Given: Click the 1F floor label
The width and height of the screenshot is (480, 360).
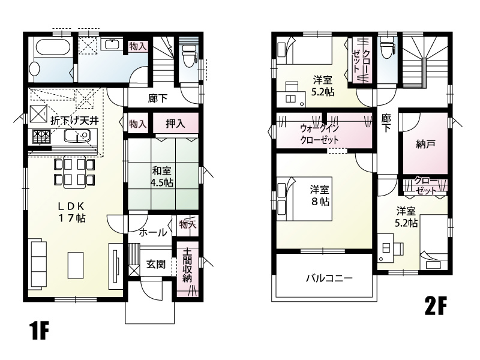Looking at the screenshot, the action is coord(40,331).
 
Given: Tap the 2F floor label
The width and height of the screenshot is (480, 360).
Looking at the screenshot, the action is coord(436,305).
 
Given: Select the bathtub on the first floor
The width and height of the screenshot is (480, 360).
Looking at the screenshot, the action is coord(52,47).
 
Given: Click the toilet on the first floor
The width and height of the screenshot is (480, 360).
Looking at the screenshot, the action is coord(188,57).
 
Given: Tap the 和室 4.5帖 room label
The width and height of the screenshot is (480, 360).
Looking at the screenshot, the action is coord(161,176).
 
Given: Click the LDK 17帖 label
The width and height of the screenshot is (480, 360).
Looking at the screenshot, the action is coord(71,212).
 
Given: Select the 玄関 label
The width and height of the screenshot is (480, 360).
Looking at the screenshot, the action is coord(156,264).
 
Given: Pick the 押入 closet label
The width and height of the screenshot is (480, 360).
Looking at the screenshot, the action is coord(175,124).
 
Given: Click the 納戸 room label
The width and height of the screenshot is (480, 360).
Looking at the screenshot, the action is coord(426,144).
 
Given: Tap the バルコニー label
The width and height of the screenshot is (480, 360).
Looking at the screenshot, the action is coord(329,278).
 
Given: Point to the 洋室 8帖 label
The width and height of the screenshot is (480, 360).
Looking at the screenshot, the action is coord(320,196).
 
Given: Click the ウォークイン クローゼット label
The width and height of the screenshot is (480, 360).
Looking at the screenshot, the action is coord(320,134).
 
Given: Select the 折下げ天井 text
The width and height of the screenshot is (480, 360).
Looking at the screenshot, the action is coord(74,121).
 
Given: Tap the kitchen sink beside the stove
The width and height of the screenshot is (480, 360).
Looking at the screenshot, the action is coord(77,136).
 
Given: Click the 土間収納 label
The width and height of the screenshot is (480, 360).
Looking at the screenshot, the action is coord(187,265).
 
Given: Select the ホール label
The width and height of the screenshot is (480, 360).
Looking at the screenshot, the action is coord(153,233).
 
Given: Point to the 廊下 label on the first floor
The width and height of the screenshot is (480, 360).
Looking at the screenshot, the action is coord(157,98).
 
